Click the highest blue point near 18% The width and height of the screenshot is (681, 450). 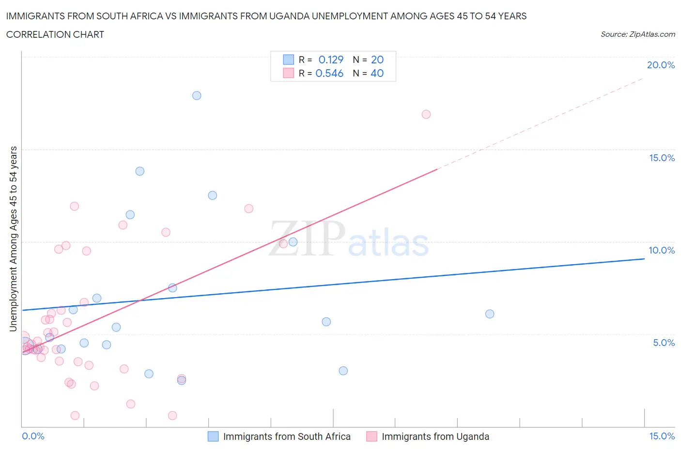click(197, 95)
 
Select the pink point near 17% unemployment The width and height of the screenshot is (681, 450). click(426, 114)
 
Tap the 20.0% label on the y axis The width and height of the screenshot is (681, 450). click(661, 65)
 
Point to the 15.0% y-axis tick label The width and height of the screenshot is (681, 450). click(662, 158)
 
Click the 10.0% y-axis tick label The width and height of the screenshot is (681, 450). click(662, 250)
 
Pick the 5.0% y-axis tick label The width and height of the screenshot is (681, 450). click(664, 343)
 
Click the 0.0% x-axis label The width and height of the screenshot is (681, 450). click(33, 436)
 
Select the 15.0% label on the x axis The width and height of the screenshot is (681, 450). click(662, 436)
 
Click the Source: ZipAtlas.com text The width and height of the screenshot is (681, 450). click(637, 34)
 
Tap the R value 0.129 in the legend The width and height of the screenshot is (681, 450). click(331, 60)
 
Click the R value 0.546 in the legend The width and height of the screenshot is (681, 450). click(329, 73)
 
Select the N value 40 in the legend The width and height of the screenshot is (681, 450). click(377, 73)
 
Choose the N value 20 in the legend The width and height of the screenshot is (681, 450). click(377, 60)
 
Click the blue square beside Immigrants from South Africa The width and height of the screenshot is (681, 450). click(213, 436)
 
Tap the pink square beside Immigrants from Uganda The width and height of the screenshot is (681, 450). click(371, 436)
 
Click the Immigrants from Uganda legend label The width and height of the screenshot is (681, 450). click(435, 436)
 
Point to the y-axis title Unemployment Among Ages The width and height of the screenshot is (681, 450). click(13, 239)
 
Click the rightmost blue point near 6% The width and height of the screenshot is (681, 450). click(490, 314)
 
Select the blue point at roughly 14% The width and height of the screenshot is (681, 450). click(140, 171)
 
